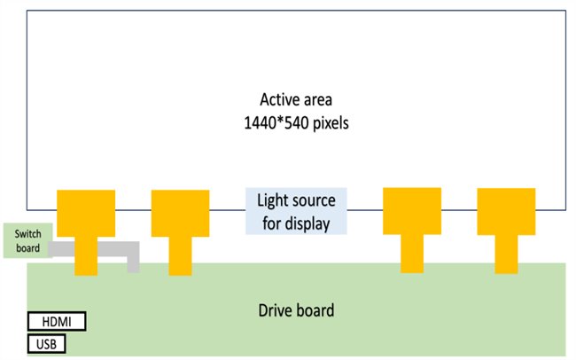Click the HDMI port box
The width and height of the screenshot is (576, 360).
point(57,321)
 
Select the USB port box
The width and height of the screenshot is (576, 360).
point(46,343)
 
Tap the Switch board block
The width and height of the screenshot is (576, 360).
point(27,240)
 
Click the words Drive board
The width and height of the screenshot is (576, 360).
point(296,310)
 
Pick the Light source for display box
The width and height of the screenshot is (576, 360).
point(296,211)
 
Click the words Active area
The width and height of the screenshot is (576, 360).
point(296,98)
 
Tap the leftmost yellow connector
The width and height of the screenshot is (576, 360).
point(85,212)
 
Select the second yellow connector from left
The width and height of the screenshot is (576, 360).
point(180,213)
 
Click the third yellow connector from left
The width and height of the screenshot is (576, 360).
point(411,211)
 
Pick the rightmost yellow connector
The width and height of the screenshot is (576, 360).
point(506,211)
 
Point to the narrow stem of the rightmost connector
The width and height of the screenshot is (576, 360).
point(506,254)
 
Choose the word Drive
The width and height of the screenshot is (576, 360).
point(276,310)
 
